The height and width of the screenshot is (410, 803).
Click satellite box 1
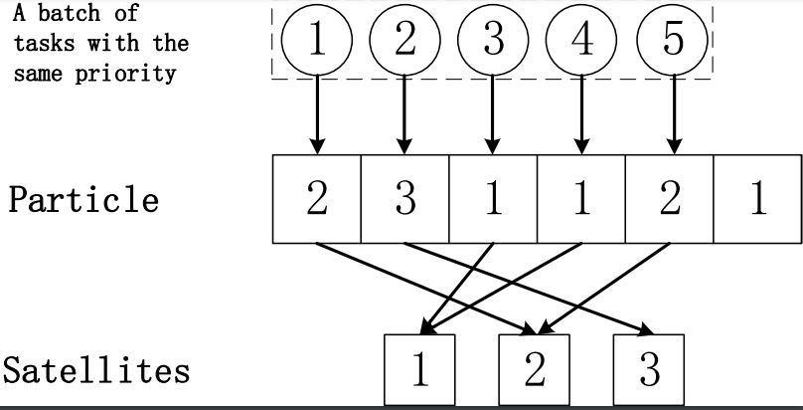(x=419, y=369)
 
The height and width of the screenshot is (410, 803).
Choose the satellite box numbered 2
(x=535, y=369)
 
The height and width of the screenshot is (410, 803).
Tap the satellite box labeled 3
(x=649, y=369)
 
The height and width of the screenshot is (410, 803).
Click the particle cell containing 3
(x=404, y=199)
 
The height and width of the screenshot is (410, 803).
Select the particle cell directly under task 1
(x=316, y=199)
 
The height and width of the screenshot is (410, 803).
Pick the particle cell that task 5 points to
(x=670, y=199)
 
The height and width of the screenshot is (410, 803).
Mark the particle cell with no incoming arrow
(x=757, y=199)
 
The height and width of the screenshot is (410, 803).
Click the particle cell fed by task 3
(x=493, y=199)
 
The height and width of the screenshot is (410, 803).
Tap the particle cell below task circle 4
(x=581, y=199)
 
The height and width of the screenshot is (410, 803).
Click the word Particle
(x=83, y=199)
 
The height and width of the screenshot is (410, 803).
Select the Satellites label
(x=95, y=370)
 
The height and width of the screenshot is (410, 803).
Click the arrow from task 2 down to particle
(x=404, y=114)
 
